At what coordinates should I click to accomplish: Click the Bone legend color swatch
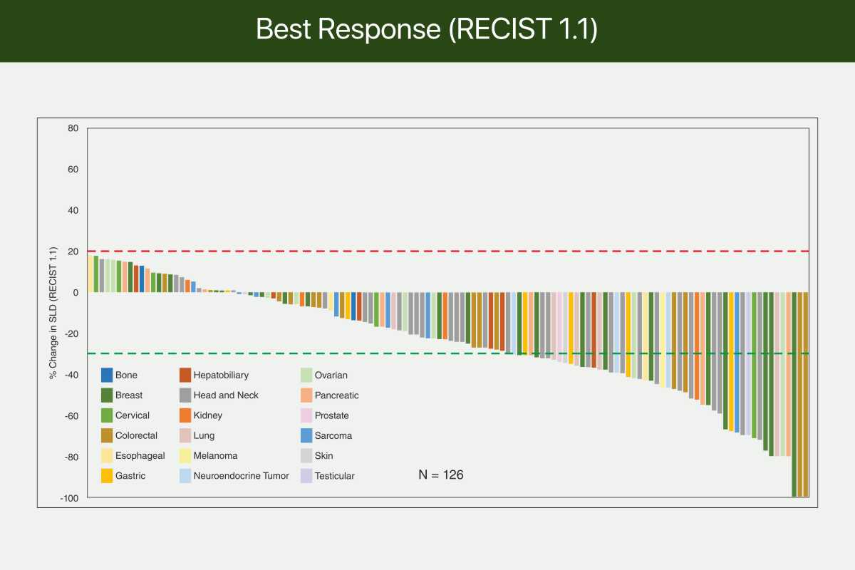pyautogui.click(x=107, y=375)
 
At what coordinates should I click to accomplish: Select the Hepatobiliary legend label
pyautogui.click(x=221, y=375)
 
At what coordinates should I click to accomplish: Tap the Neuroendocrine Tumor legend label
pyautogui.click(x=242, y=476)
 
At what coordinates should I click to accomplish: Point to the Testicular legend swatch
pyautogui.click(x=306, y=476)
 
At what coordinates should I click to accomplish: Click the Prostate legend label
pyautogui.click(x=332, y=415)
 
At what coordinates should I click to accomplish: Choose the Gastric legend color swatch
pyautogui.click(x=107, y=476)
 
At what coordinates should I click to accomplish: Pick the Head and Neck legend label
pyautogui.click(x=226, y=395)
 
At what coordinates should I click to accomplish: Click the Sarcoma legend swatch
pyautogui.click(x=306, y=435)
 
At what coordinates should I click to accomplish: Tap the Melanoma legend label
pyautogui.click(x=215, y=455)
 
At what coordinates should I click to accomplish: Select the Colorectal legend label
pyautogui.click(x=136, y=435)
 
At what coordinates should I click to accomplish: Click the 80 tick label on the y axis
pyautogui.click(x=73, y=128)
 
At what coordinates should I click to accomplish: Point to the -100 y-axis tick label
pyautogui.click(x=70, y=498)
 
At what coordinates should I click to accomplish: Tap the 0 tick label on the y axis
pyautogui.click(x=76, y=293)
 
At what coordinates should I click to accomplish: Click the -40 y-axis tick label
pyautogui.click(x=72, y=375)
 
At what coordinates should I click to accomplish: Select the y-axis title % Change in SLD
pyautogui.click(x=53, y=313)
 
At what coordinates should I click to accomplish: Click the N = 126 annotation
pyautogui.click(x=441, y=475)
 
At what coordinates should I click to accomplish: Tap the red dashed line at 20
pyautogui.click(x=448, y=252)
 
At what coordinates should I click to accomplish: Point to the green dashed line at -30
pyautogui.click(x=448, y=353)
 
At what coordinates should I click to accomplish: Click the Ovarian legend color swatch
pyautogui.click(x=306, y=375)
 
